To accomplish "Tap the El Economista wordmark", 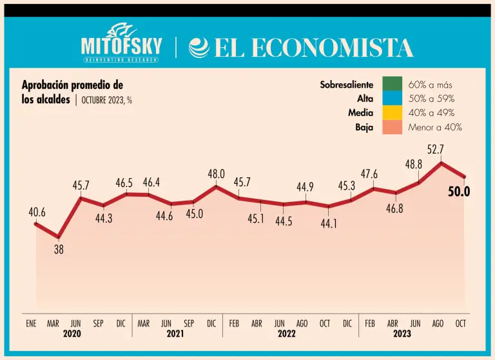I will (301, 48).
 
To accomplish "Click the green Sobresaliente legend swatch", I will (392, 85).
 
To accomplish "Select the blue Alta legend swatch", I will (392, 99).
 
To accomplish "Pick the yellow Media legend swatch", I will (392, 113).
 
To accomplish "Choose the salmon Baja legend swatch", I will (392, 127).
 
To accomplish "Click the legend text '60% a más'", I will (431, 85).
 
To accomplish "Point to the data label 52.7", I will (436, 150).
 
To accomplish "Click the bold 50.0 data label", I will (459, 192).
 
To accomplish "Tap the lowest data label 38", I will (59, 249).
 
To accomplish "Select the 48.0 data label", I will (215, 174).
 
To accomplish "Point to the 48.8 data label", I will (414, 165).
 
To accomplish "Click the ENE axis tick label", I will (31, 323).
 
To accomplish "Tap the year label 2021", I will (175, 334).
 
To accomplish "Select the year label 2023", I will (402, 334).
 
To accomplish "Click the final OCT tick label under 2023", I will (461, 323).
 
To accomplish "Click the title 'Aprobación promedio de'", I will (72, 85).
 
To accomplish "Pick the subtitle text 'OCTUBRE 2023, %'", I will (107, 101).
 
